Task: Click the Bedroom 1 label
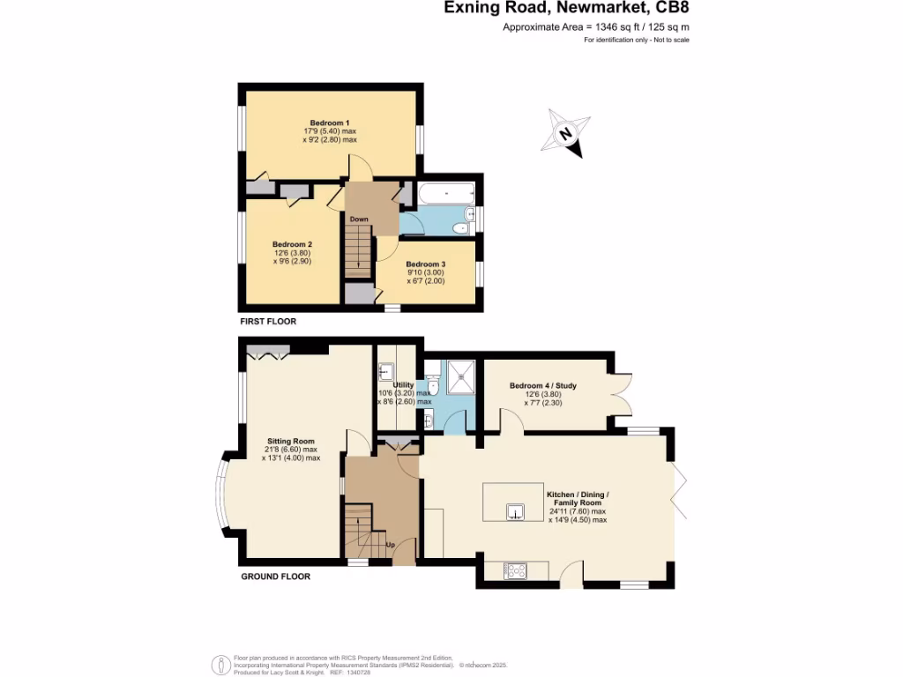click(330, 123)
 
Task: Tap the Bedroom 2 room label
click(292, 244)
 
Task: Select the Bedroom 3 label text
click(425, 264)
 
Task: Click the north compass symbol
click(567, 135)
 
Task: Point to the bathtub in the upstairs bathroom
click(445, 193)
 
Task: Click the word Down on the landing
click(358, 219)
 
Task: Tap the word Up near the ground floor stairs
click(390, 545)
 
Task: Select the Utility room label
click(404, 385)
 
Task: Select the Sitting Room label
click(291, 441)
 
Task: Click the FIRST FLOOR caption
click(268, 322)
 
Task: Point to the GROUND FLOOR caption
click(275, 577)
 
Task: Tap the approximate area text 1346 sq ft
click(596, 28)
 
